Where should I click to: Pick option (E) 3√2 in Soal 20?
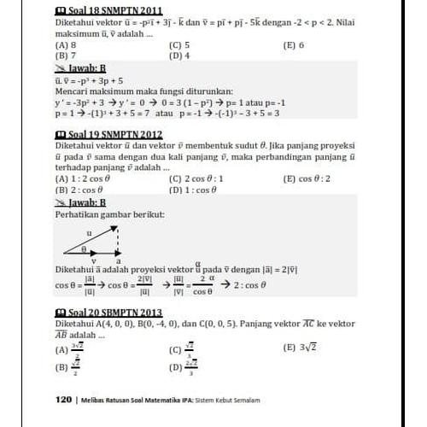[300, 348]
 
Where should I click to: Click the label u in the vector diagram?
[88, 231]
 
